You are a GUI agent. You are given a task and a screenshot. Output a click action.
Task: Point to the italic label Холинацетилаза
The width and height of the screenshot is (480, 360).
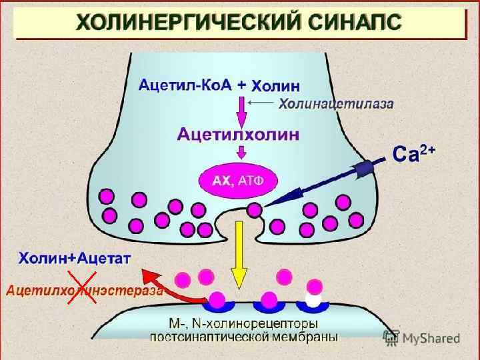335,104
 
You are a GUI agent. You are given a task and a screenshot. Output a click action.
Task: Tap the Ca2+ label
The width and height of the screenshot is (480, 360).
414,154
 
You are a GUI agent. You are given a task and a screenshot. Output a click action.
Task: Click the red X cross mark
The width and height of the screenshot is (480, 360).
81,292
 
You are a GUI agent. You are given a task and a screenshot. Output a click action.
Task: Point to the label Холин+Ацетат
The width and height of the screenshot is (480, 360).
74,257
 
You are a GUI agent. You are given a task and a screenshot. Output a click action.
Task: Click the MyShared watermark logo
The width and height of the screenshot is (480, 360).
421,338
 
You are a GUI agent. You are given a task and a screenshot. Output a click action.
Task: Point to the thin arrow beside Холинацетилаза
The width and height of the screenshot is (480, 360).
261,103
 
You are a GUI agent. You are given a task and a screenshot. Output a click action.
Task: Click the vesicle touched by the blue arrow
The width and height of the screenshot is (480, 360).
254,209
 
